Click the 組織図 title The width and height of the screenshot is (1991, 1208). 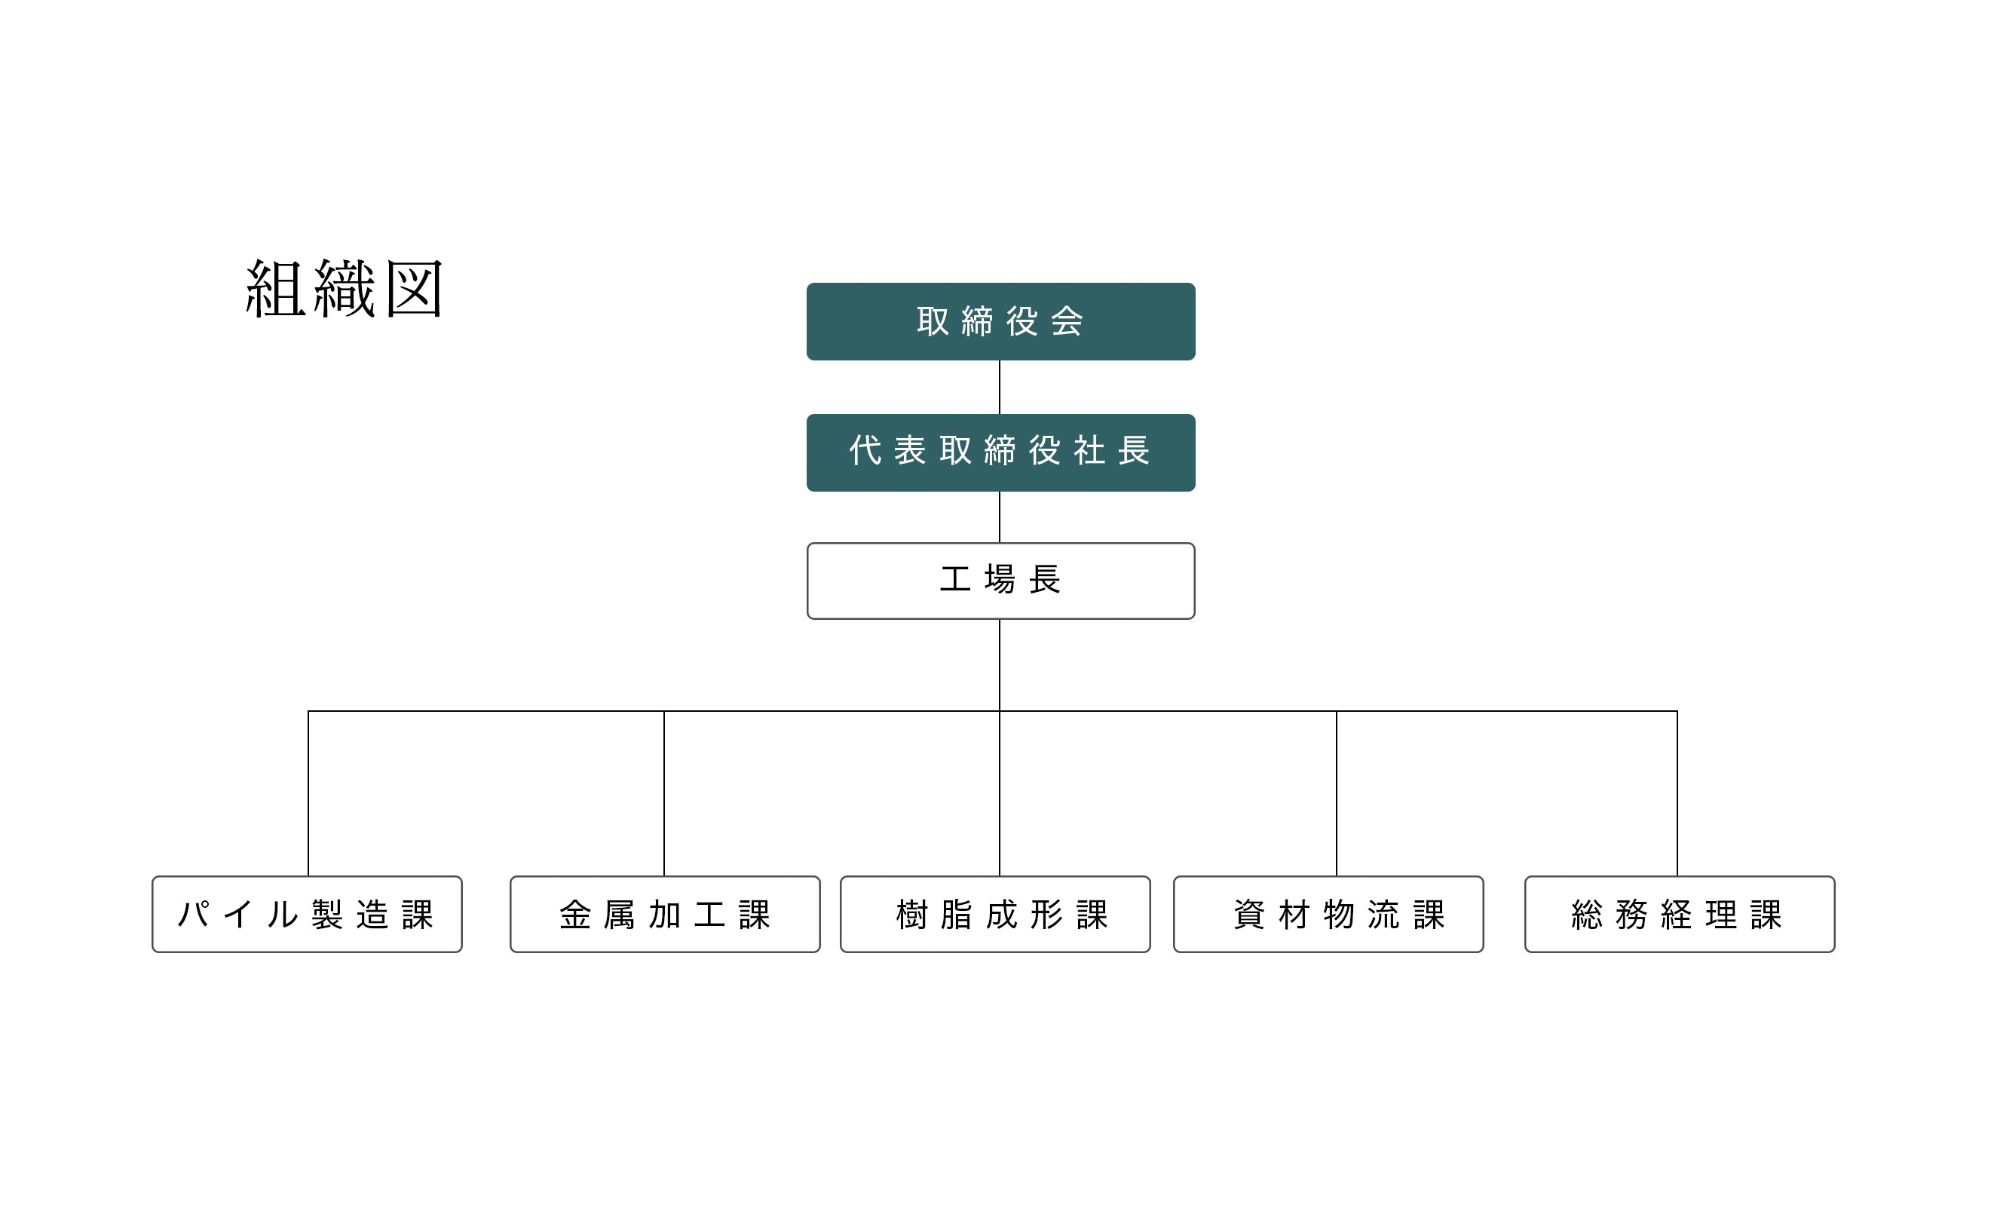[x=345, y=289]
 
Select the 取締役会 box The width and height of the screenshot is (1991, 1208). [x=1000, y=321]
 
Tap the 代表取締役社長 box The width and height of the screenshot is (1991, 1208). [x=1000, y=452]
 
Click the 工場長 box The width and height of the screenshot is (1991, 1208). [x=1000, y=581]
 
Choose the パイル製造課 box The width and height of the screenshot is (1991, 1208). [x=307, y=914]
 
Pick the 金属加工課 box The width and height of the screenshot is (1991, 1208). [x=665, y=914]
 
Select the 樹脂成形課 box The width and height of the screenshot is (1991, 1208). [x=994, y=914]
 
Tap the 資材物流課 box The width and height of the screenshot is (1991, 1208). [x=1328, y=914]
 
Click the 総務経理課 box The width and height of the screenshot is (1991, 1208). [x=1680, y=914]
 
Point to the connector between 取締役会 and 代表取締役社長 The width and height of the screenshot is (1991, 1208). [x=1000, y=387]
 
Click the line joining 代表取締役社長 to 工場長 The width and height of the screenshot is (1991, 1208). [x=1000, y=517]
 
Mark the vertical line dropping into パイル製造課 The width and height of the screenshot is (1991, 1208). [x=308, y=793]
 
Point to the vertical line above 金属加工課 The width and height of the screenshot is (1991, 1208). [x=664, y=793]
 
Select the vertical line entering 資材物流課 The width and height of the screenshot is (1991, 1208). [x=1337, y=793]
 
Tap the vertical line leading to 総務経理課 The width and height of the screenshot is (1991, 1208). [x=1677, y=793]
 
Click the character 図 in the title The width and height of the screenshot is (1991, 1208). [x=414, y=289]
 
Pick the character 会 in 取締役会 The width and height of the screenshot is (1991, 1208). [x=1067, y=321]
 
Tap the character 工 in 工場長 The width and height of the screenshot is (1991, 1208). [x=955, y=580]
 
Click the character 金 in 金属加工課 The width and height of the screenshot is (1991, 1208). [x=575, y=915]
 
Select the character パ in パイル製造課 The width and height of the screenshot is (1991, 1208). [x=194, y=914]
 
